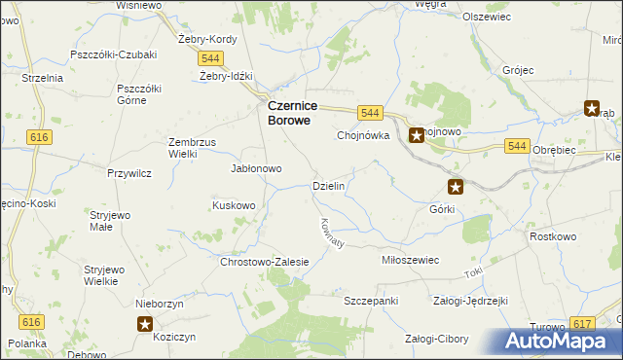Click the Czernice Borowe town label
[x=289, y=113]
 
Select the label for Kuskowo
[x=234, y=205]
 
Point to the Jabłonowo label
[x=255, y=168]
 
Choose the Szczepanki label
[x=371, y=301]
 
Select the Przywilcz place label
[x=128, y=173]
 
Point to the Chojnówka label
[x=363, y=136]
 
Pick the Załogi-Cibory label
[x=436, y=340]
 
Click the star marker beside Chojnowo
[x=417, y=135]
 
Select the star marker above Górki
[x=456, y=186]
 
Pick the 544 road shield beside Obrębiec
[x=517, y=146]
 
